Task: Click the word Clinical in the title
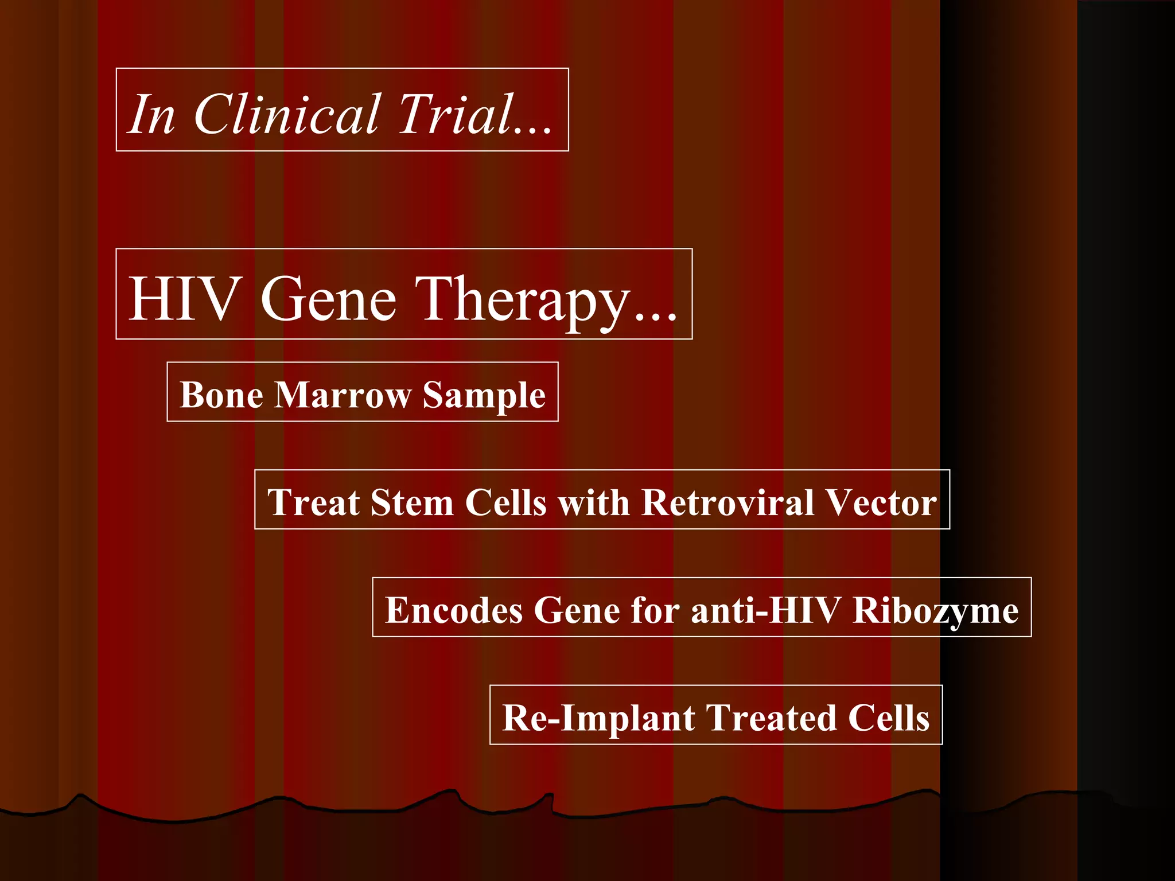(x=287, y=114)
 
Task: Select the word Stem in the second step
(x=412, y=502)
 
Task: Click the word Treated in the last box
(x=771, y=718)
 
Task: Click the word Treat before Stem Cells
(x=313, y=502)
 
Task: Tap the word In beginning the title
(x=151, y=114)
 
